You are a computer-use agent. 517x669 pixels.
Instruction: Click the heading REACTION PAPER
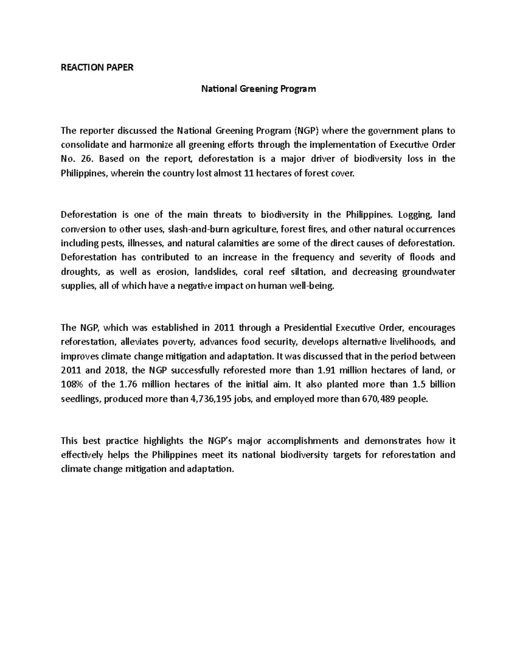tap(97, 68)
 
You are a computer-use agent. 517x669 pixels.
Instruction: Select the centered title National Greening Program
tap(258, 89)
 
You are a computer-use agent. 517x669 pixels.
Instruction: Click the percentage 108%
tap(73, 385)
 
